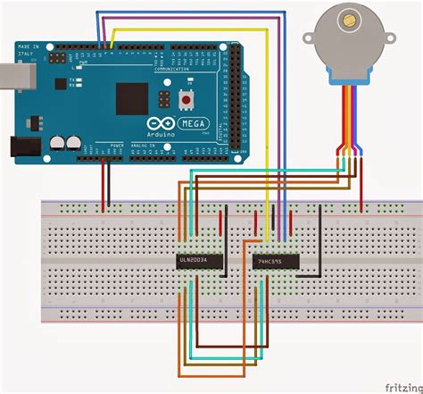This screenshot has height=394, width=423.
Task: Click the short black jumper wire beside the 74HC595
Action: pos(319,237)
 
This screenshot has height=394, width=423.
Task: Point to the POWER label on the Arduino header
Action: pos(113,145)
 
